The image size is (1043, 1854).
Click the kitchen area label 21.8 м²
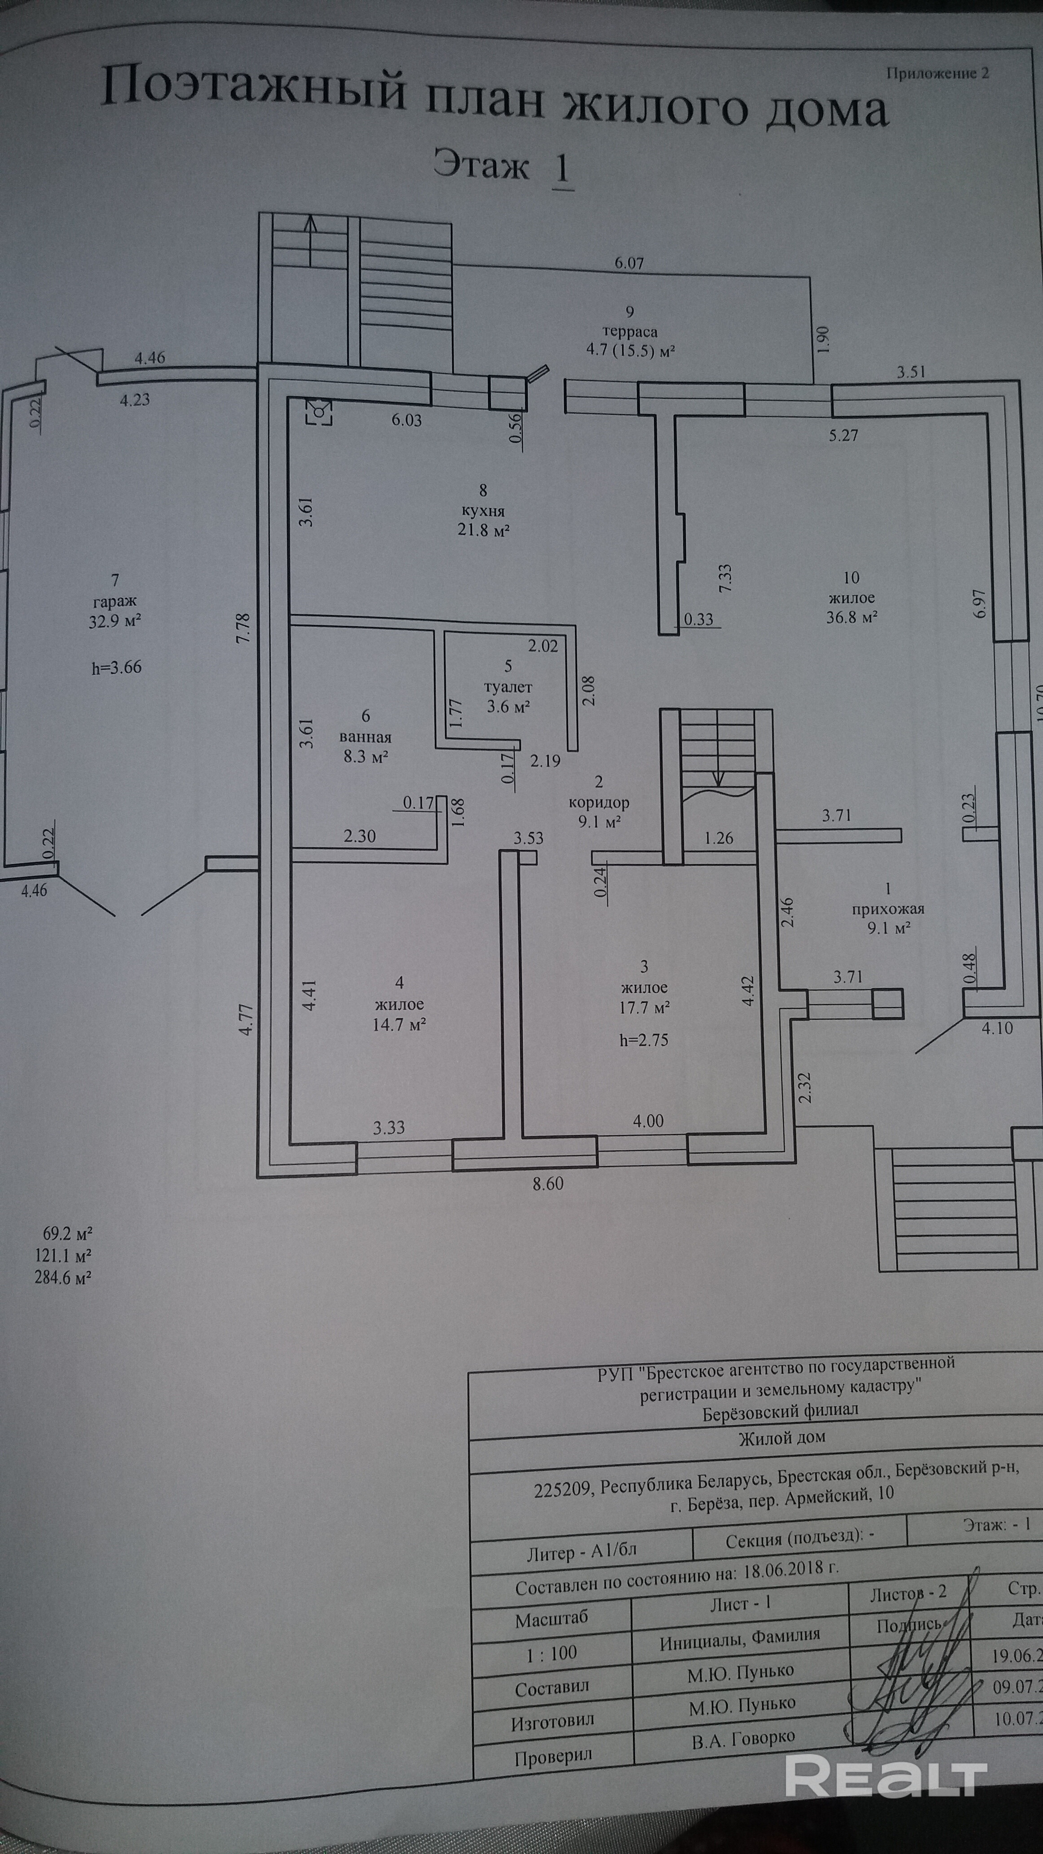click(483, 530)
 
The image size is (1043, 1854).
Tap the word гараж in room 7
click(115, 601)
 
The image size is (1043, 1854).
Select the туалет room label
click(508, 687)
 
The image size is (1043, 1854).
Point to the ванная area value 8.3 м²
click(366, 756)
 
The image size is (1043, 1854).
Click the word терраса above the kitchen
click(631, 332)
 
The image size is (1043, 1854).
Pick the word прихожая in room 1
click(888, 908)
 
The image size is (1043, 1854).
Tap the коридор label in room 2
click(599, 802)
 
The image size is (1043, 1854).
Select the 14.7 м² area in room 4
click(399, 1024)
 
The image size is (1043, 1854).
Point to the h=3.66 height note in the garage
click(117, 667)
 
